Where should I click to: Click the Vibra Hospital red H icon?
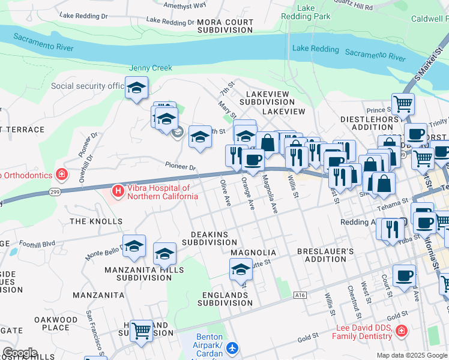click(x=118, y=192)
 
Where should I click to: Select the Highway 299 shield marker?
click(x=53, y=193)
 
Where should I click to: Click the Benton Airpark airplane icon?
click(x=233, y=348)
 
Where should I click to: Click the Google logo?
click(x=20, y=353)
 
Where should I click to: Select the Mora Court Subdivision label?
click(x=225, y=26)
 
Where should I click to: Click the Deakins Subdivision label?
click(x=209, y=238)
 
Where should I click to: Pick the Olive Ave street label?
click(x=226, y=193)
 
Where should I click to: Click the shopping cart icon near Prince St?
click(x=403, y=103)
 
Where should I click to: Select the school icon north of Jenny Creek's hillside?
click(x=136, y=88)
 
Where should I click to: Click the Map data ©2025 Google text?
click(x=411, y=355)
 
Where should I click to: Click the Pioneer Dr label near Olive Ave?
click(x=181, y=166)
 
